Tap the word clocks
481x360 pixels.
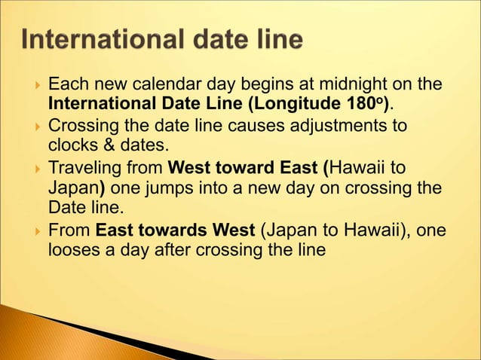tap(72, 144)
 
